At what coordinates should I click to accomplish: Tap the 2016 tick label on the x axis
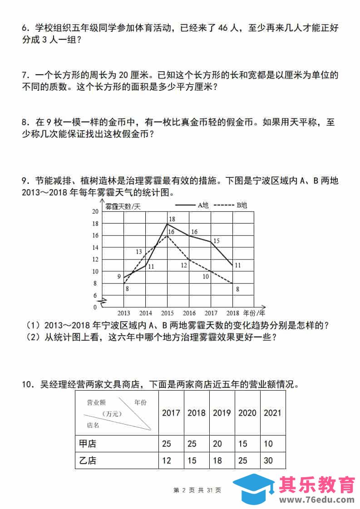coord(189,313)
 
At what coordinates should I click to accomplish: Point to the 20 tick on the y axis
coord(95,212)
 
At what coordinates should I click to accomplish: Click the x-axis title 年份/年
coord(254,313)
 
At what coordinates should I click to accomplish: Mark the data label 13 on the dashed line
coord(139,252)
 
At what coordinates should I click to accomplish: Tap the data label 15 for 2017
coord(216,241)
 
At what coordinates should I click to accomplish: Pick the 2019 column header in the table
coord(222,413)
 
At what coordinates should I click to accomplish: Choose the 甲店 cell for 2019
coord(217,443)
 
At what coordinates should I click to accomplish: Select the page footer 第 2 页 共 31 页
coord(197,490)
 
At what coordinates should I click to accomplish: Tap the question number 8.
coord(25,122)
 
